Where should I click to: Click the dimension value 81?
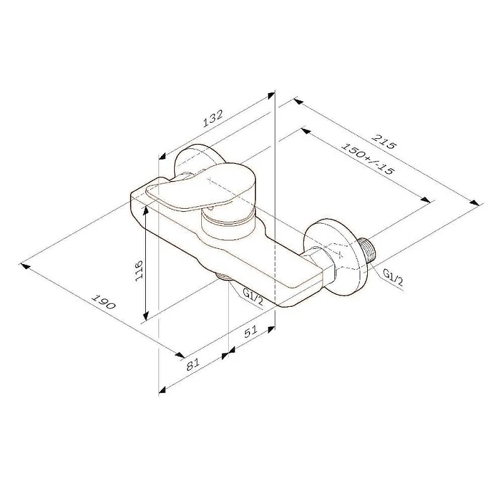194,363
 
